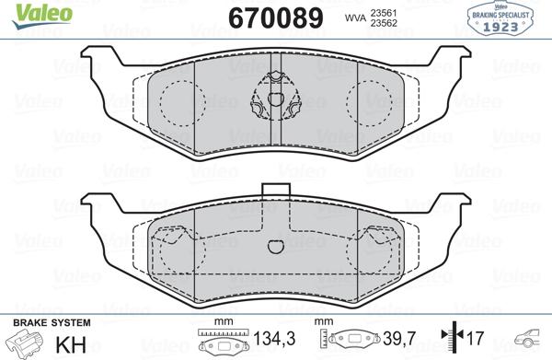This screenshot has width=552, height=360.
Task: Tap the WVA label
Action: click(x=355, y=17)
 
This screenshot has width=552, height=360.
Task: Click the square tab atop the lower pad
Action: click(x=275, y=191)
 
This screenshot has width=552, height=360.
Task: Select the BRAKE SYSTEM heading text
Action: click(x=50, y=322)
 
